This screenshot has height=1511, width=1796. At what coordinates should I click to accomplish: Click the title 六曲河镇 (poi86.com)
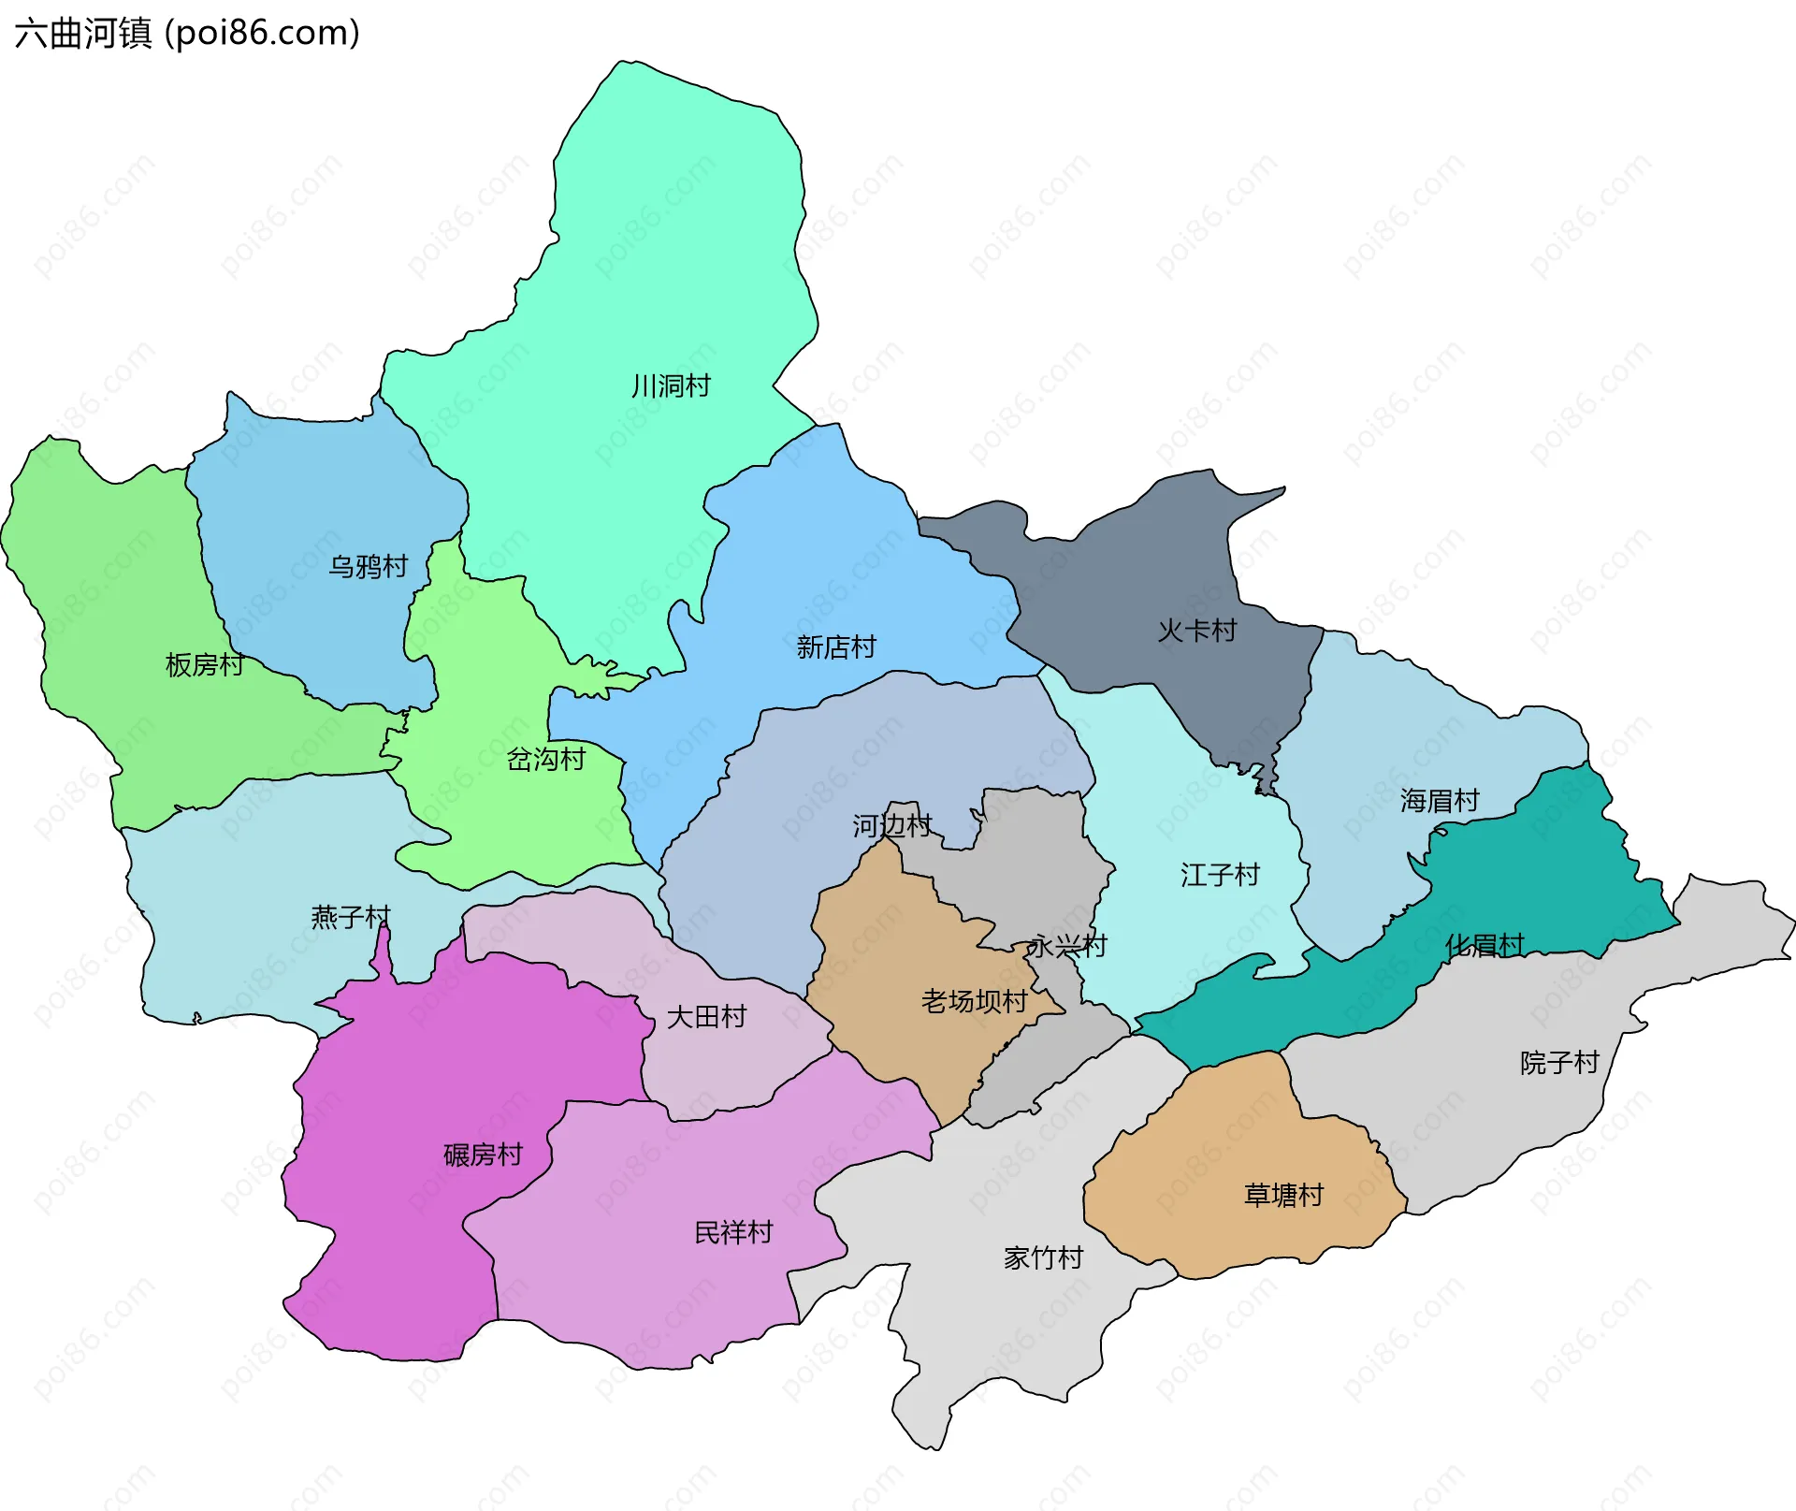pyautogui.click(x=187, y=34)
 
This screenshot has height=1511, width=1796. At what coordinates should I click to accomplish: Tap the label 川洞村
pyautogui.click(x=671, y=385)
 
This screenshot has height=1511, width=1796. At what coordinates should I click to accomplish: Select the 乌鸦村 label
pyautogui.click(x=369, y=566)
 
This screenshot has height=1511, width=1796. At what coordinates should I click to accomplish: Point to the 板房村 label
pyautogui.click(x=205, y=664)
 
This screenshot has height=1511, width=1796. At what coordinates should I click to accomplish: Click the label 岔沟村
pyautogui.click(x=546, y=759)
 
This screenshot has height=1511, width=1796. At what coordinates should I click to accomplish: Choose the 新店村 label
pyautogui.click(x=836, y=647)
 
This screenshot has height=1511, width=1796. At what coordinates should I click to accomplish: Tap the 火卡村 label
pyautogui.click(x=1197, y=631)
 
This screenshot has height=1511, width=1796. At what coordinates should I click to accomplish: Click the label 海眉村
pyautogui.click(x=1440, y=800)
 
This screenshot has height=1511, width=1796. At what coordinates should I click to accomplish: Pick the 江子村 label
pyautogui.click(x=1220, y=875)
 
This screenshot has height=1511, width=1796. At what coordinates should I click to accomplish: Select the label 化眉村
pyautogui.click(x=1485, y=945)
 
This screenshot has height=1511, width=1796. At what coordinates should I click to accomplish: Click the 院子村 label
pyautogui.click(x=1559, y=1062)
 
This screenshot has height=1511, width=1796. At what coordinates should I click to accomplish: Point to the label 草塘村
pyautogui.click(x=1283, y=1195)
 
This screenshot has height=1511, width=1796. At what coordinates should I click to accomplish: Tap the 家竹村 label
pyautogui.click(x=1043, y=1257)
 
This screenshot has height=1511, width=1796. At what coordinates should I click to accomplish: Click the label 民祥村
pyautogui.click(x=733, y=1232)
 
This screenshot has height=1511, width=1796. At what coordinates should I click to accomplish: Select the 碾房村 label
pyautogui.click(x=483, y=1155)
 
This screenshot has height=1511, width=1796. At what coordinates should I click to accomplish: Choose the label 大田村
pyautogui.click(x=706, y=1016)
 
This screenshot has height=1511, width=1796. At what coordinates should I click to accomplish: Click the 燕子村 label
pyautogui.click(x=351, y=916)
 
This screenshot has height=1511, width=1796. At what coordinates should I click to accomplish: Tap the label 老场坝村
pyautogui.click(x=974, y=1001)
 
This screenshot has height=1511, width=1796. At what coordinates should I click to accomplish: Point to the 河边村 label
pyautogui.click(x=891, y=825)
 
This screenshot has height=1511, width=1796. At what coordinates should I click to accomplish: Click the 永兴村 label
pyautogui.click(x=1067, y=946)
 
